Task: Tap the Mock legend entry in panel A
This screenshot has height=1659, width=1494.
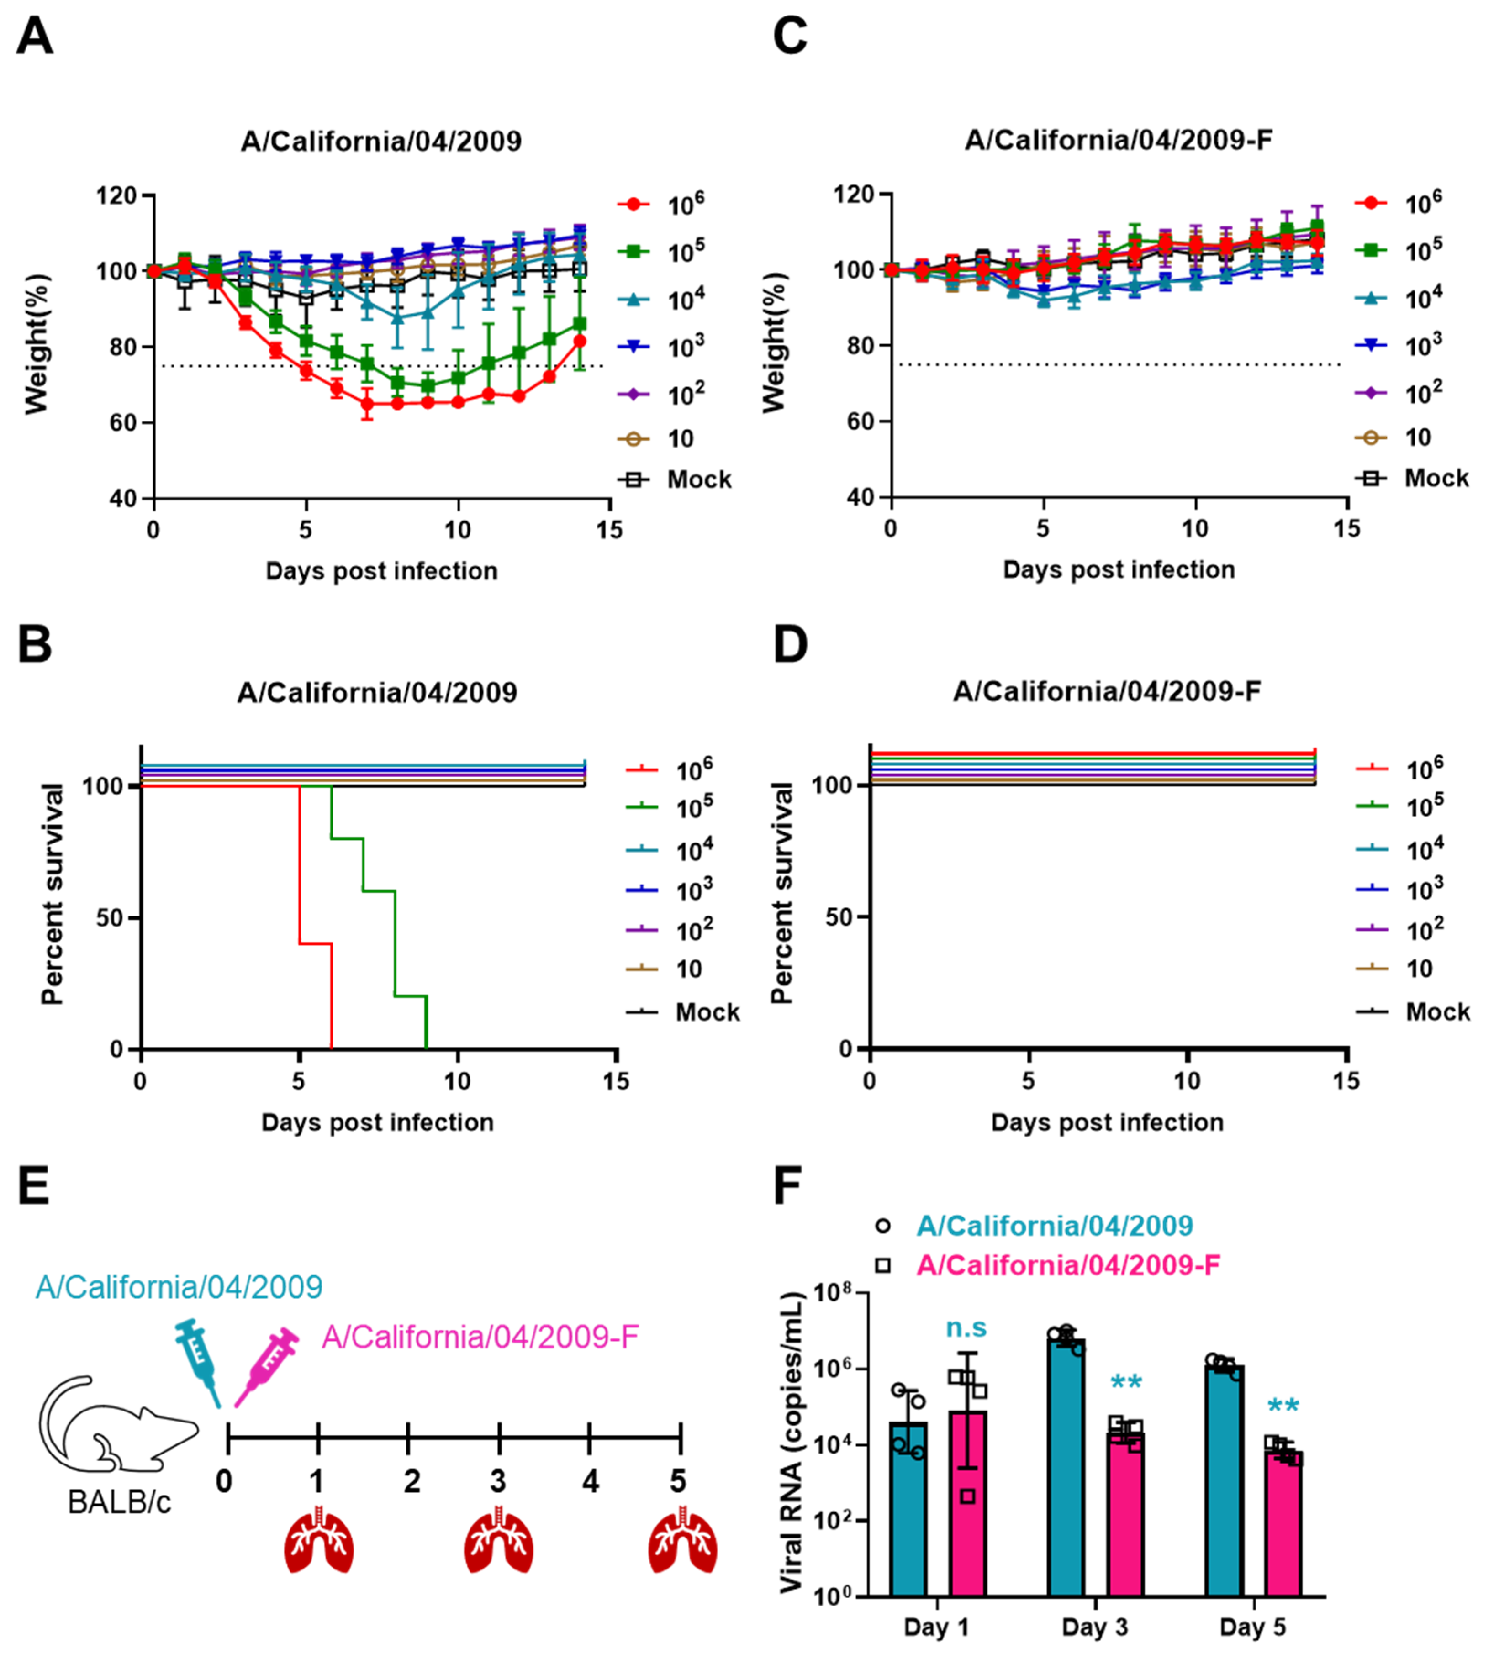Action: (x=698, y=479)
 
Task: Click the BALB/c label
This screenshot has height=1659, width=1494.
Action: (x=119, y=1502)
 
